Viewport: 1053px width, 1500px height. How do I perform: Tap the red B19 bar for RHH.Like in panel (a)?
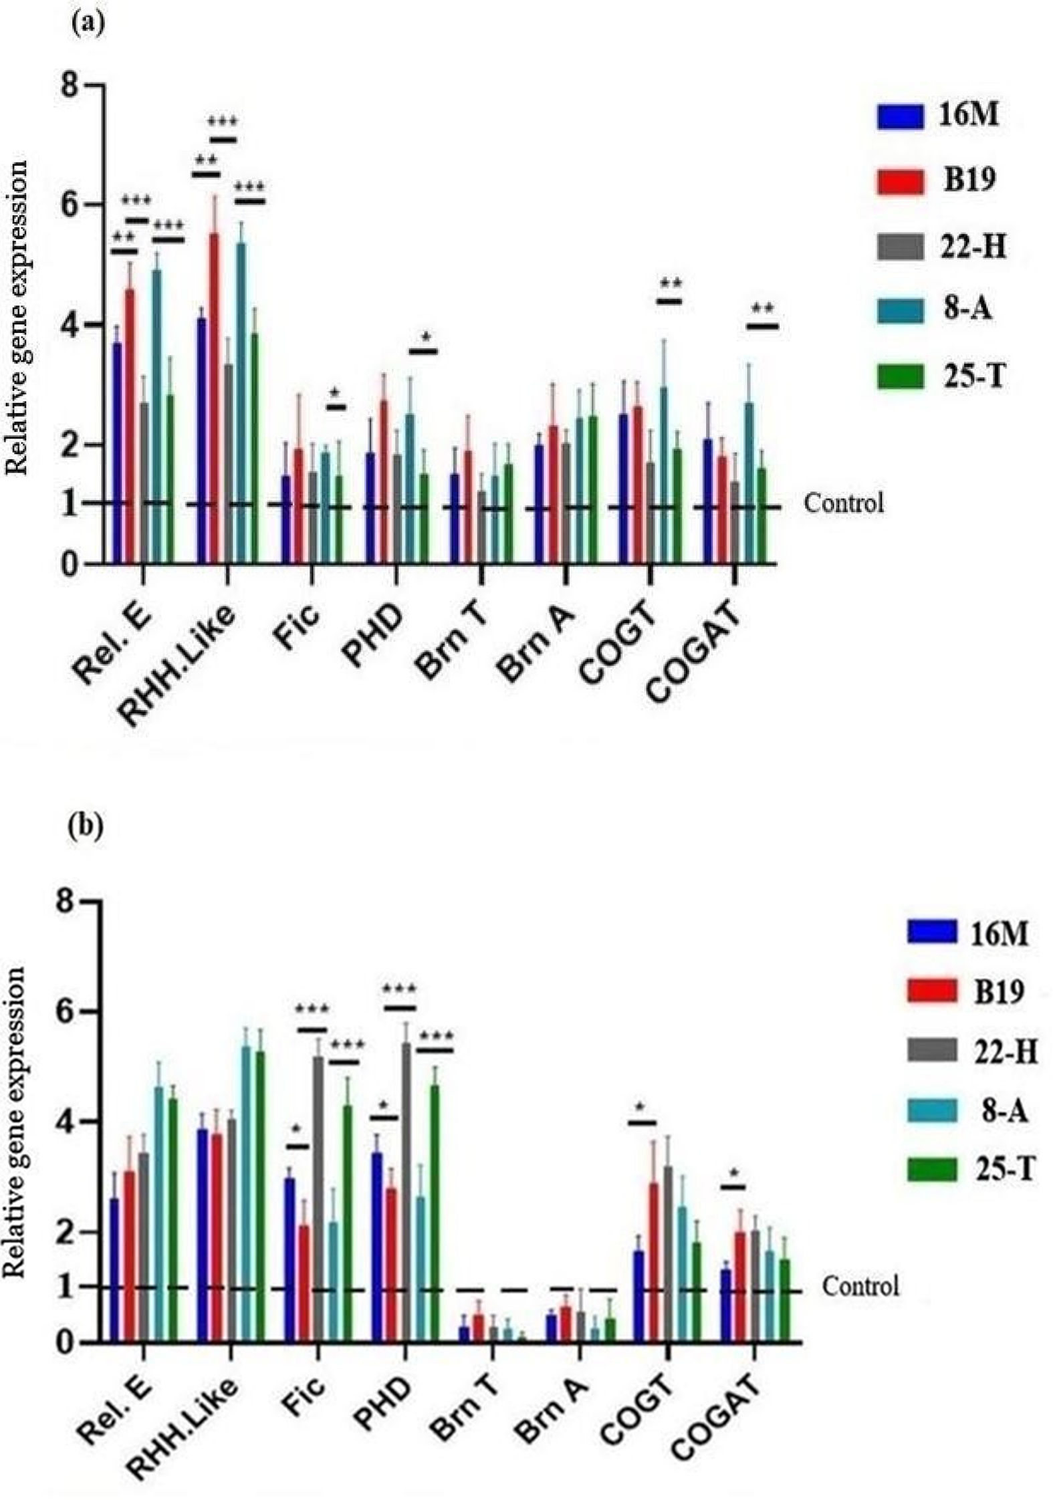(x=215, y=401)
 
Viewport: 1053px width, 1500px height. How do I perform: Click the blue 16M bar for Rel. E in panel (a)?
(x=117, y=455)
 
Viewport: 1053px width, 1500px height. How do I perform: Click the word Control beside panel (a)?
(x=843, y=503)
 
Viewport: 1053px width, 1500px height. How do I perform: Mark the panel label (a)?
(x=87, y=24)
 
